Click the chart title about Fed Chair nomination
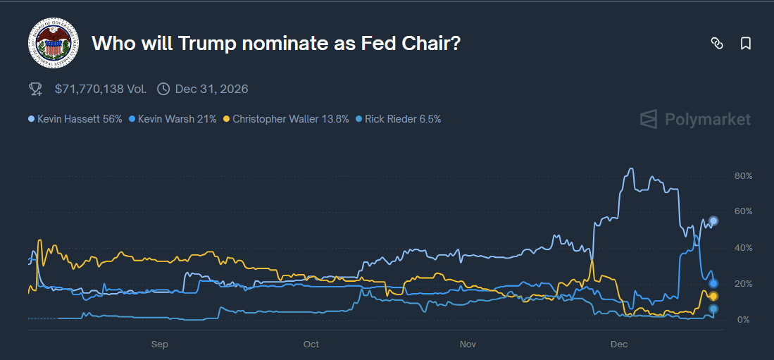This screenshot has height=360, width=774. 276,43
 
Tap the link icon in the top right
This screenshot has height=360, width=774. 717,44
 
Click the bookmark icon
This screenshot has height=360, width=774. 746,44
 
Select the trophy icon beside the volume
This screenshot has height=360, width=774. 35,89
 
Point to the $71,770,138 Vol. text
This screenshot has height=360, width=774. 101,89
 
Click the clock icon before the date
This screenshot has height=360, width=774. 163,89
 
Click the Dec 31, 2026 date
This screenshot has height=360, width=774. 211,89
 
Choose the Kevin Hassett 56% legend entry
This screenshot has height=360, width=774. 75,119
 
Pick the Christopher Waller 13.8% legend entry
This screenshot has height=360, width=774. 286,119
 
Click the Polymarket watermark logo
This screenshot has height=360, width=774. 695,119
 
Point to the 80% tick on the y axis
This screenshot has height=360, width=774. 743,175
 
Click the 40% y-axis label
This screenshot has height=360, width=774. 743,248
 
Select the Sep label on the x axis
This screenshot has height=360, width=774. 159,345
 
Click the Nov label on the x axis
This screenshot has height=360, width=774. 468,345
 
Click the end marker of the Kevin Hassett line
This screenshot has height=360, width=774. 713,221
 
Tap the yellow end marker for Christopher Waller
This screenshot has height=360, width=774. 713,296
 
